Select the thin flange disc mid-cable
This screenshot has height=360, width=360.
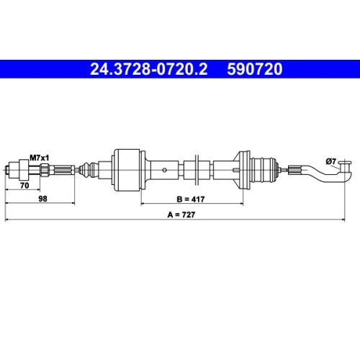pyautogui.click(x=195, y=170)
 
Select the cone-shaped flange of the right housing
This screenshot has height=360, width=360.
pyautogui.click(x=238, y=171)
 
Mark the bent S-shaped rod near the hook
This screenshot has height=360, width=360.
pyautogui.click(x=320, y=174)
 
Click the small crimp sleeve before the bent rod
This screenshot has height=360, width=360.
pyautogui.click(x=295, y=171)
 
